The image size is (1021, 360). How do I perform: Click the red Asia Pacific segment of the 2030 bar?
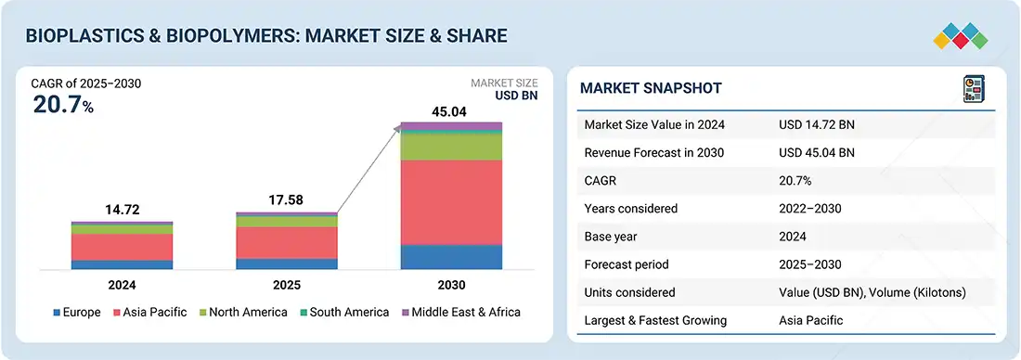click(451, 202)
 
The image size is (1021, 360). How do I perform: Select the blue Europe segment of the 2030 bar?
click(451, 257)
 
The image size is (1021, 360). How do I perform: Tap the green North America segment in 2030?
click(451, 147)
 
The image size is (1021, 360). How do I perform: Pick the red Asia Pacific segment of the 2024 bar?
click(122, 248)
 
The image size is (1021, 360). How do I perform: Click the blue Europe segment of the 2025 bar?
click(287, 264)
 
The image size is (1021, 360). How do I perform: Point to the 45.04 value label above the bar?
click(449, 112)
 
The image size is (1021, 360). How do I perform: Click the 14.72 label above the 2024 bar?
click(123, 211)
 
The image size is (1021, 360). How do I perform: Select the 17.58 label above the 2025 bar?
click(287, 200)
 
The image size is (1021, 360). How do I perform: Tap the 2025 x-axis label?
click(287, 285)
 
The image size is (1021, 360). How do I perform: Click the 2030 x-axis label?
click(451, 285)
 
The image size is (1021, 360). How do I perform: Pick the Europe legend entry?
click(76, 313)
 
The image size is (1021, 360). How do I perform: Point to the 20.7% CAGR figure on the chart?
click(63, 104)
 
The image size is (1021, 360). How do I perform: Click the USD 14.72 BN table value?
click(817, 125)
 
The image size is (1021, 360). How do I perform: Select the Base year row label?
click(611, 237)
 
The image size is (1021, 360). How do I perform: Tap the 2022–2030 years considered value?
click(810, 209)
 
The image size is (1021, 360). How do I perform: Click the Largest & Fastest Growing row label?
click(655, 320)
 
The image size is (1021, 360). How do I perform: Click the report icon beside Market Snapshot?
click(974, 88)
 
